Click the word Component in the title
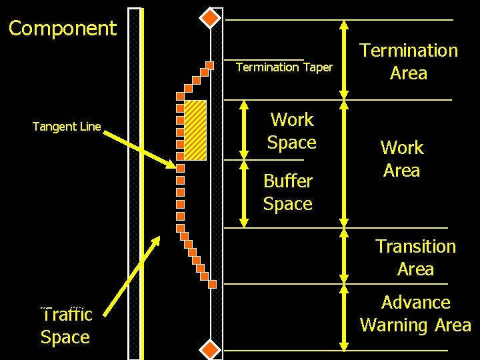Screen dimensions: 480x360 click(x=63, y=29)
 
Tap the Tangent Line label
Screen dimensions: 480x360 click(x=67, y=127)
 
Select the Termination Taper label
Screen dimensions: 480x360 click(x=284, y=67)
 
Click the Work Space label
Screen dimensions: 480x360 click(x=292, y=131)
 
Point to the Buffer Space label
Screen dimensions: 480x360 click(x=288, y=192)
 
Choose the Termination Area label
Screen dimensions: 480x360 click(x=409, y=61)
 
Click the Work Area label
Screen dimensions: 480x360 click(x=401, y=159)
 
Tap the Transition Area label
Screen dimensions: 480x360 click(x=415, y=257)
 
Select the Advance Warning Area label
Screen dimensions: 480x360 click(x=415, y=314)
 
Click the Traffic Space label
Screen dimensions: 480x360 click(x=66, y=325)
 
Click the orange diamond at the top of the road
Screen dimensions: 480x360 click(x=211, y=17)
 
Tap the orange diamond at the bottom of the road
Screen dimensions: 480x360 click(x=211, y=349)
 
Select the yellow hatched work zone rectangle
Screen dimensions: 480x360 click(x=195, y=130)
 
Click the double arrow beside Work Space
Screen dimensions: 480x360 click(x=245, y=129)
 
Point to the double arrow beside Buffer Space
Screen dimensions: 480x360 click(x=245, y=193)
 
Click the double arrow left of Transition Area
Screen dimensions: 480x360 click(x=343, y=256)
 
